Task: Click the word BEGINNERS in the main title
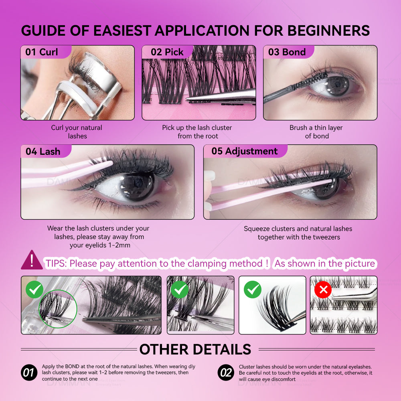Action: [329, 31]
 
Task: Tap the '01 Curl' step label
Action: [41, 52]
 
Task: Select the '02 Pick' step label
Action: [167, 52]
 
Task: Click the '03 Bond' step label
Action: [287, 52]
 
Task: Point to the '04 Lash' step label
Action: [43, 152]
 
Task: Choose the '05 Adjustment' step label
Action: [245, 151]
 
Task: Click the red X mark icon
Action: [323, 290]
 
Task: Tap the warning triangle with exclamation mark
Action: [32, 260]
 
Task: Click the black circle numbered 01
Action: [29, 373]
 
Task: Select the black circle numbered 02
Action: [226, 373]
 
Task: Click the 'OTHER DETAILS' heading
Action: [195, 349]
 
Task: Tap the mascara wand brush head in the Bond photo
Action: [310, 81]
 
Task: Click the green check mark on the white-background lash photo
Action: [253, 290]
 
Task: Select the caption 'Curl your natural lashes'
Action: [77, 132]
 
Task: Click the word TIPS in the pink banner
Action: [56, 263]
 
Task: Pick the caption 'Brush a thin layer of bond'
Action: [316, 132]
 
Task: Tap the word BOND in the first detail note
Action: [72, 367]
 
